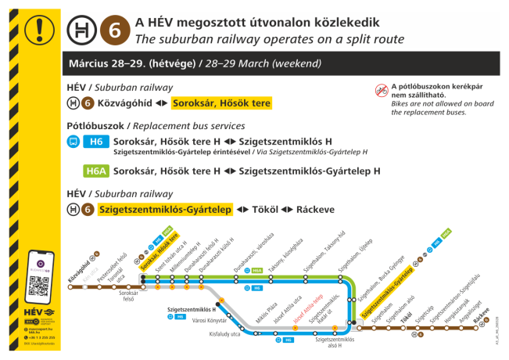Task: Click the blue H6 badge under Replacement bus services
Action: click(x=96, y=142)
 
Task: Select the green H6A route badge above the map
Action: click(x=96, y=171)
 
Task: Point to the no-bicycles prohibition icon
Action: click(x=381, y=91)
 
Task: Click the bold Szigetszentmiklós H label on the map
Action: click(x=192, y=310)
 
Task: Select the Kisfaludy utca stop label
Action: click(x=224, y=334)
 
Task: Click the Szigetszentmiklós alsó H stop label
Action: click(x=335, y=343)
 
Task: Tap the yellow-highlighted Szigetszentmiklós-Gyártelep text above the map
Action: click(x=165, y=209)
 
